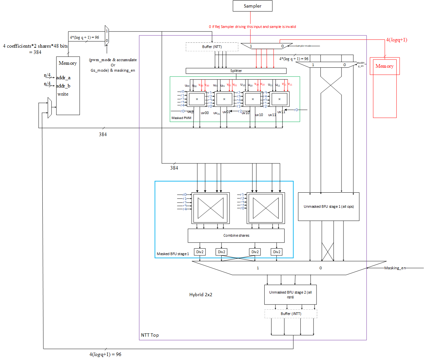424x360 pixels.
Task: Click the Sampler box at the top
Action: pyautogui.click(x=252, y=6)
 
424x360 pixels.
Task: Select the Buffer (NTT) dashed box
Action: pyautogui.click(x=212, y=47)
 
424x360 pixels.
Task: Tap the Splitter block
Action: pyautogui.click(x=236, y=71)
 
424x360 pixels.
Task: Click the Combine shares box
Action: pyautogui.click(x=236, y=235)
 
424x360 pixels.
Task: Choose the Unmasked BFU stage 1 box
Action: pyautogui.click(x=328, y=206)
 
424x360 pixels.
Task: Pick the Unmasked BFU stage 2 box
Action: pyautogui.click(x=290, y=295)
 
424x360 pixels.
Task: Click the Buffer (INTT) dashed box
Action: pyautogui.click(x=291, y=314)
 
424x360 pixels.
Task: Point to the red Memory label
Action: pyautogui.click(x=384, y=66)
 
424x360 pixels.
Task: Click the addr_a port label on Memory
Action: pyautogui.click(x=63, y=78)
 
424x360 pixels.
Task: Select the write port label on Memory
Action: pyautogui.click(x=63, y=94)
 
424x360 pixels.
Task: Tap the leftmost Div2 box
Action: pyautogui.click(x=200, y=252)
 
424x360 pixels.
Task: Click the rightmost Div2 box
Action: pyautogui.click(x=277, y=252)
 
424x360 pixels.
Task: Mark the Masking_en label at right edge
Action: pyautogui.click(x=395, y=268)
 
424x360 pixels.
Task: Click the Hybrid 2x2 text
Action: pyautogui.click(x=200, y=295)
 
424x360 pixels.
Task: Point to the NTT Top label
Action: pyautogui.click(x=150, y=335)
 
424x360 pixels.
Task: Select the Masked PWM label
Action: pyautogui.click(x=181, y=118)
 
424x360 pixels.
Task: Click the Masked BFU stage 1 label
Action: pyautogui.click(x=173, y=254)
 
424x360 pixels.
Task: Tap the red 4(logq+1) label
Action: pyautogui.click(x=396, y=40)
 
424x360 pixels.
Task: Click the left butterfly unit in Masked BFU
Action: pyautogui.click(x=211, y=208)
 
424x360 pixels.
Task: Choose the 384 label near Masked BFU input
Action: pyautogui.click(x=174, y=168)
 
